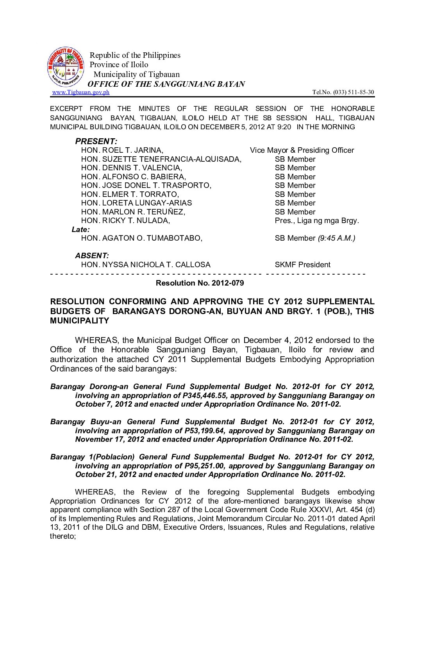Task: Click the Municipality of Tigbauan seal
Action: click(66, 67)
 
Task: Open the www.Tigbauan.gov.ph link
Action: click(81, 92)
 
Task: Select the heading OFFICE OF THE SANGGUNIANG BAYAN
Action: click(166, 84)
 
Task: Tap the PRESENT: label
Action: click(96, 141)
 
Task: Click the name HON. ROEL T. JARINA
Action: click(122, 150)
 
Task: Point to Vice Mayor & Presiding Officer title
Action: click(302, 150)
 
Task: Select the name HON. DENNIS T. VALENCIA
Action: click(131, 168)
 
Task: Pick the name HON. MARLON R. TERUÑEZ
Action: click(133, 212)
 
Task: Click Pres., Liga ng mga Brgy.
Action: click(316, 221)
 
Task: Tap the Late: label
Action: click(80, 230)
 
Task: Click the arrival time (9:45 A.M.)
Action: click(336, 238)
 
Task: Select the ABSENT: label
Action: click(92, 256)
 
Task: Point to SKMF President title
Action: click(302, 265)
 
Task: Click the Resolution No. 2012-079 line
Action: click(200, 283)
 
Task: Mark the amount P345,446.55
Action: click(205, 395)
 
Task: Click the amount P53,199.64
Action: click(205, 430)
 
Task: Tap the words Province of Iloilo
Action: click(119, 64)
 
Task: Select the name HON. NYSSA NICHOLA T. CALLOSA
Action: click(145, 265)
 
